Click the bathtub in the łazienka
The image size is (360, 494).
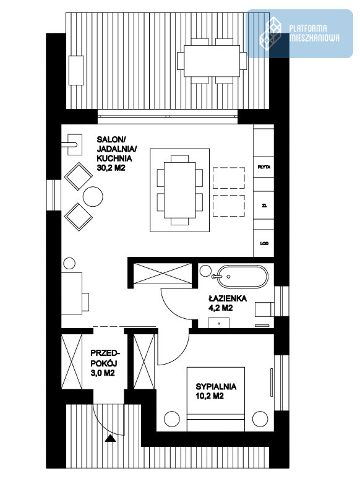click(x=242, y=277)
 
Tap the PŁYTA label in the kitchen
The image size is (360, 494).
click(x=264, y=167)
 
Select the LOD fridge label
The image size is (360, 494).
click(x=264, y=243)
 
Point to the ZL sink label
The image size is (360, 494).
click(x=264, y=206)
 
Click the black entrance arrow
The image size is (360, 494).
click(x=110, y=438)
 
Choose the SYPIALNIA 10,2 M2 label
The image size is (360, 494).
click(x=216, y=391)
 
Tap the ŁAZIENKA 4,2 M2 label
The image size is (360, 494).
click(x=228, y=303)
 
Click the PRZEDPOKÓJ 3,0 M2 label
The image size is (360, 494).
click(x=104, y=363)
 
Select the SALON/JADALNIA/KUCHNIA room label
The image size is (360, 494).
click(x=114, y=154)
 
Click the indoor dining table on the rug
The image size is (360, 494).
click(x=179, y=190)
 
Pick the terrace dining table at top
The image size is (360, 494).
click(x=212, y=61)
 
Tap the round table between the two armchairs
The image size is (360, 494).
click(x=93, y=197)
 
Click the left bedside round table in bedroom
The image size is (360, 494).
click(x=172, y=419)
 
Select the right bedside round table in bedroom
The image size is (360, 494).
click(x=260, y=419)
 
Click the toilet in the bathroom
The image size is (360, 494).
click(x=264, y=310)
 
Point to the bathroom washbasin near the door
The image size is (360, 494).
click(x=219, y=323)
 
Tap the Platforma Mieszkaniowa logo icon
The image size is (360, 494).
click(x=270, y=33)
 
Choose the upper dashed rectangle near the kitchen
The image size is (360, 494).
click(x=229, y=178)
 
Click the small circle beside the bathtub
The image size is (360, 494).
click(x=205, y=271)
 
